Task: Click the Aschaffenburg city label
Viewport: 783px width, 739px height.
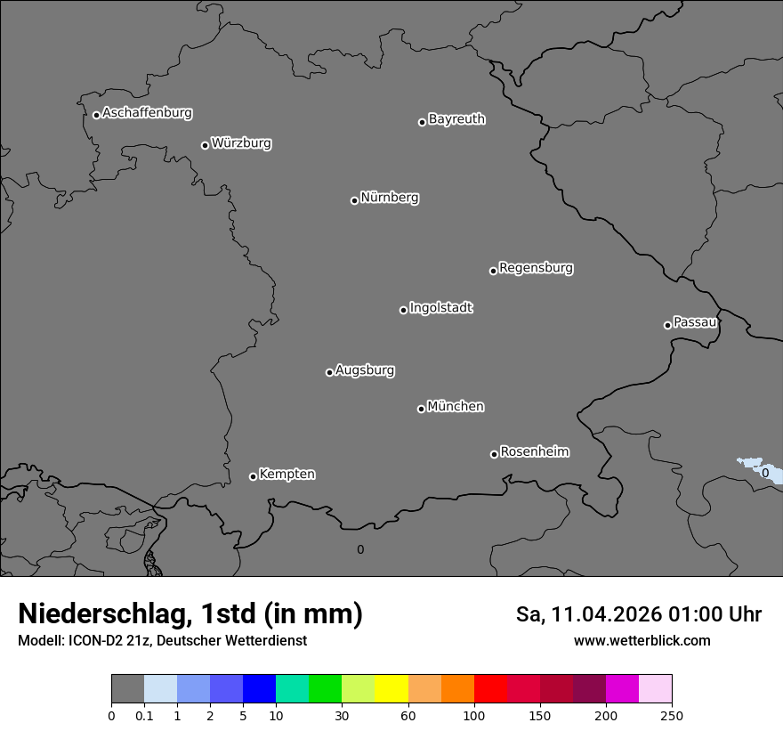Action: tap(147, 113)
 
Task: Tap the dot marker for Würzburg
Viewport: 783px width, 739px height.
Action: tap(205, 145)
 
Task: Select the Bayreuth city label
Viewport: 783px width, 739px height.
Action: tap(456, 118)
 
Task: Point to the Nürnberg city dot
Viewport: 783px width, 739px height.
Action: tap(354, 200)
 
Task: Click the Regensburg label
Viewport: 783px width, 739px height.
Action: tap(536, 267)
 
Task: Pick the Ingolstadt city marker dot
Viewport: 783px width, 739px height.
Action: tap(403, 310)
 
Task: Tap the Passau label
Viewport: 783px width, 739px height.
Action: tap(695, 321)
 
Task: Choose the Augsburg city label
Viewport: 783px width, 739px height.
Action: tap(365, 369)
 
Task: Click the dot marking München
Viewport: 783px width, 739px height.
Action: tap(421, 409)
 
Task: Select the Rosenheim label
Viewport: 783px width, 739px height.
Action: tap(534, 451)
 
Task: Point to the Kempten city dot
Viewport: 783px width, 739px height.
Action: tap(253, 476)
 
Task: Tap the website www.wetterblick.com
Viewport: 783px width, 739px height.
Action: tap(642, 641)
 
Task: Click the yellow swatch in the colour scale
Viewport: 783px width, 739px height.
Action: tap(391, 689)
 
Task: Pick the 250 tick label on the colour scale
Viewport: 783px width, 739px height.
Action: tap(672, 715)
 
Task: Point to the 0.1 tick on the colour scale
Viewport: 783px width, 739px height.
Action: tap(144, 715)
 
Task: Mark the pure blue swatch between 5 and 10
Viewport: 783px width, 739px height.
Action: tap(259, 689)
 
